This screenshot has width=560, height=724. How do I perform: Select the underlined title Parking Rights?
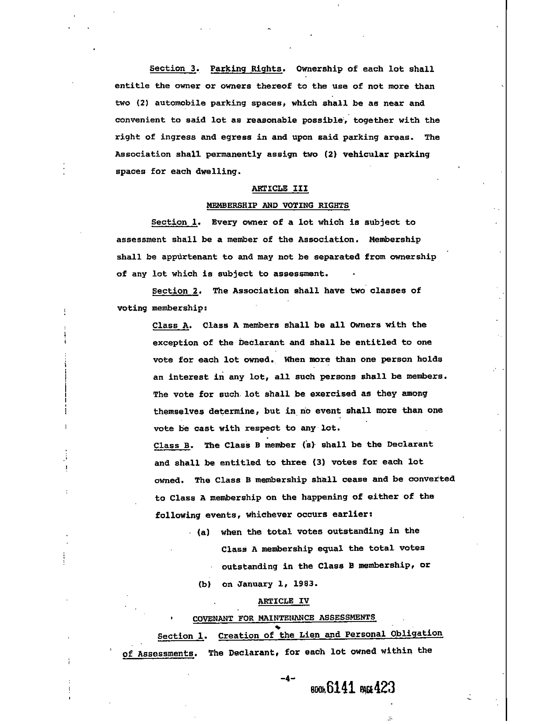point(246,69)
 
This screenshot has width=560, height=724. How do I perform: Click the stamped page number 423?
point(385,687)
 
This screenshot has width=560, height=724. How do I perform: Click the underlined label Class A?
point(170,325)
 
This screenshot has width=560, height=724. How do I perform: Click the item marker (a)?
point(203,532)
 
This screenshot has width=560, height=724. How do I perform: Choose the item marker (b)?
point(204,584)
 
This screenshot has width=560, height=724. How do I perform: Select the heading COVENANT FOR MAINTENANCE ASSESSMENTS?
point(284,618)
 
